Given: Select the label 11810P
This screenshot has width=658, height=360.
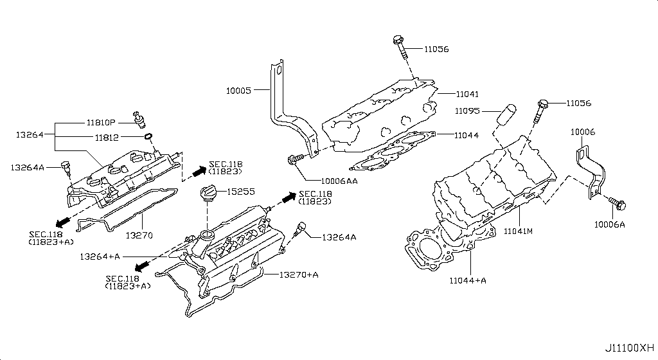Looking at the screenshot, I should (101, 122).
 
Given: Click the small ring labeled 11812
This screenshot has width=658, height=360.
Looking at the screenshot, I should (148, 136).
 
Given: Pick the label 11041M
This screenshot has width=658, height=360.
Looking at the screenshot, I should (519, 230).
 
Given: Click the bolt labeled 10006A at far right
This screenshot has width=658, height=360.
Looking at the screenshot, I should (619, 204).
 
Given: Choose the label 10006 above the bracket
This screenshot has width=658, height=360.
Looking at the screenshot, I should (583, 131).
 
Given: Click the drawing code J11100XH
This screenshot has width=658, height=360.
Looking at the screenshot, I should (629, 348).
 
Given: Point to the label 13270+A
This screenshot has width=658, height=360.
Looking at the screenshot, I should (299, 274).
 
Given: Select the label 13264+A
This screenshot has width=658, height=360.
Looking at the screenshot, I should (100, 256).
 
